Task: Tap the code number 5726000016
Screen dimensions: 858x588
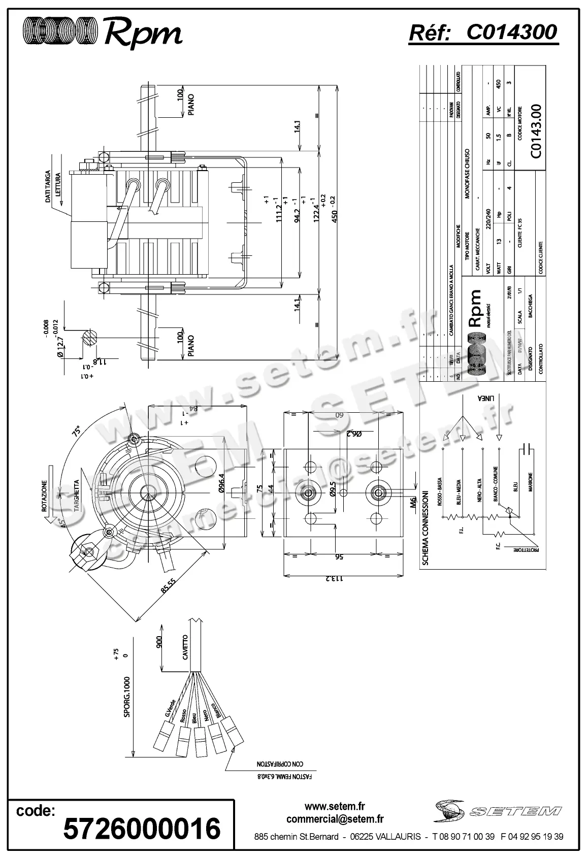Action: pos(142,828)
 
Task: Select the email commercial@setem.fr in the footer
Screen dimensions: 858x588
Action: pos(335,819)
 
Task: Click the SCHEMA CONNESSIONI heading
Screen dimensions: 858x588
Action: pos(426,527)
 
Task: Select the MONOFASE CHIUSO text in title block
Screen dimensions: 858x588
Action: pos(467,173)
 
